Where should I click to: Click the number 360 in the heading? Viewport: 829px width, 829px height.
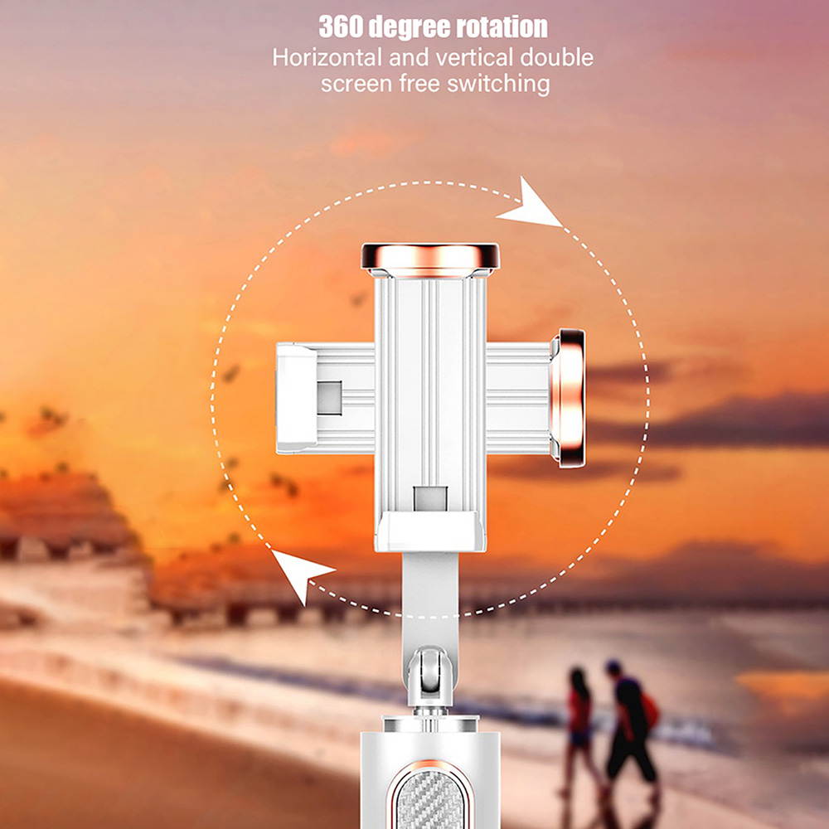click(x=342, y=27)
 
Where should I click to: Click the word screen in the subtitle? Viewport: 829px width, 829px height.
click(x=351, y=84)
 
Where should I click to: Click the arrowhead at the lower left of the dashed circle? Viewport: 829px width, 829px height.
click(x=300, y=572)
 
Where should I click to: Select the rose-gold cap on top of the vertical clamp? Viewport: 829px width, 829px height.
click(x=430, y=257)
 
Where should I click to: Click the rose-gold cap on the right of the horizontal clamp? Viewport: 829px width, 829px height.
click(x=570, y=396)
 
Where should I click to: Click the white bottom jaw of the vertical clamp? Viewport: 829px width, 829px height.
click(x=429, y=531)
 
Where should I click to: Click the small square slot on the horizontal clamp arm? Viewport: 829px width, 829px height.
click(x=329, y=396)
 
